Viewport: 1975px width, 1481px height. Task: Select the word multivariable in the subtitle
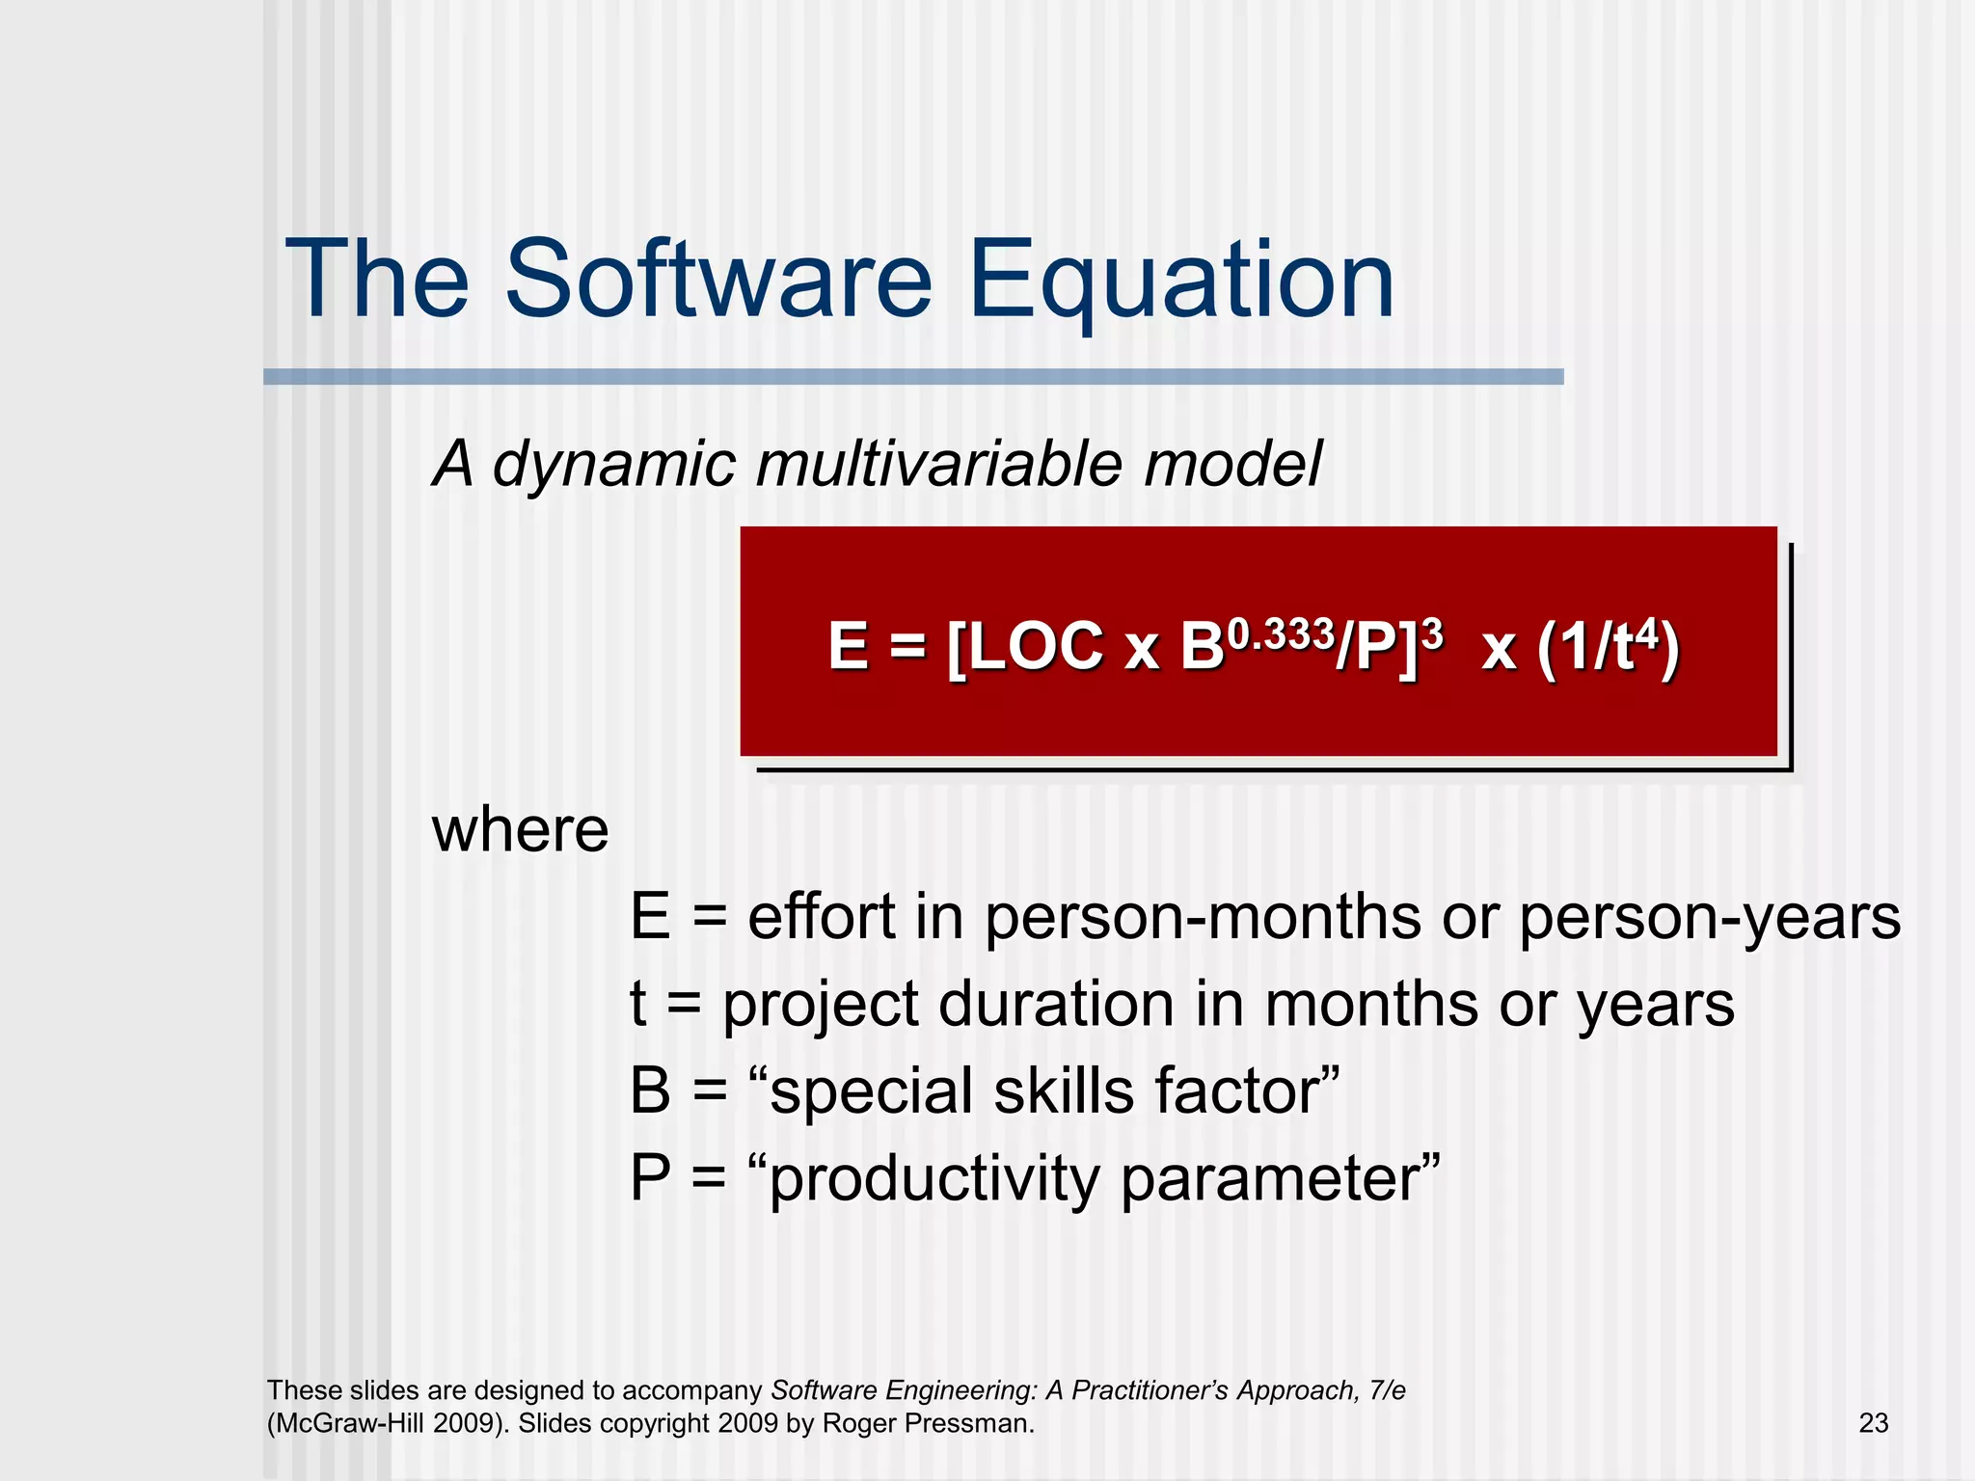pos(940,465)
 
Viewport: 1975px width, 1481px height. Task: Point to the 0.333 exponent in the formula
pos(1280,634)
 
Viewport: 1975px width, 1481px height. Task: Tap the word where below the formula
pos(520,830)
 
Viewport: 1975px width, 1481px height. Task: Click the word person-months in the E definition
pos(1203,917)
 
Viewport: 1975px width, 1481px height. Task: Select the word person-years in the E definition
pos(1709,917)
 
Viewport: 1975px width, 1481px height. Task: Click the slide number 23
pos(1873,1423)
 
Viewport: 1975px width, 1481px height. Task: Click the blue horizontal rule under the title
pos(912,377)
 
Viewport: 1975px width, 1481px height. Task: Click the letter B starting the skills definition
pos(650,1091)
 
